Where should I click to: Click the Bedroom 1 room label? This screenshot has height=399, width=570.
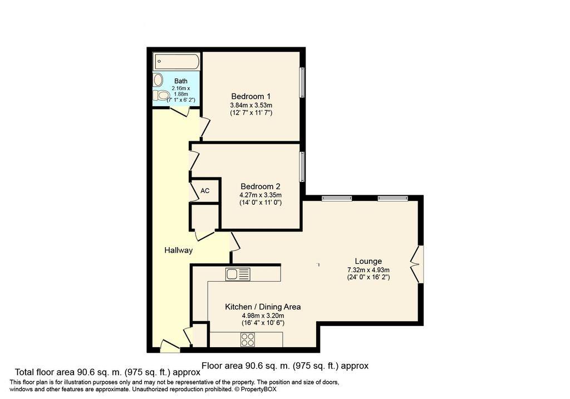(251, 96)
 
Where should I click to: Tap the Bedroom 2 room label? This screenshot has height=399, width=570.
(261, 186)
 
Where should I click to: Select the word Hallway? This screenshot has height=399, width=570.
(179, 250)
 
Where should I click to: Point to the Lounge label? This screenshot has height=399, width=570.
(368, 261)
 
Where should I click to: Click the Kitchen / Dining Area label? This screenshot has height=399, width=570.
(263, 307)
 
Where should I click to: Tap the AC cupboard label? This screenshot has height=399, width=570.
(205, 190)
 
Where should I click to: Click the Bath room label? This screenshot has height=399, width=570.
(181, 81)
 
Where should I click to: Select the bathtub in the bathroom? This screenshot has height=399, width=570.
(176, 61)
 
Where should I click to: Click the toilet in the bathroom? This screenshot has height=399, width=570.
(160, 96)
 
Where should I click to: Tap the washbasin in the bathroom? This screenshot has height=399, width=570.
(158, 80)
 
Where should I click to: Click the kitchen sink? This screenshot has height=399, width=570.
(238, 274)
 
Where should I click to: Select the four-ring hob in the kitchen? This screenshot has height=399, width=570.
(248, 340)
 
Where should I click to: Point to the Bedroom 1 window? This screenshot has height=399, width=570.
(302, 82)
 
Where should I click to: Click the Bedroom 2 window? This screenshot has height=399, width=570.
(302, 167)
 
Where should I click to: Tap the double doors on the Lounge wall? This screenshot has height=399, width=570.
(417, 264)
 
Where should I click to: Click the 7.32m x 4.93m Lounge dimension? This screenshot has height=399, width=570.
(368, 270)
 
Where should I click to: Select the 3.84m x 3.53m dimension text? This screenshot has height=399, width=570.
(251, 105)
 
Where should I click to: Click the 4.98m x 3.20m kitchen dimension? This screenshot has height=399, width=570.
(263, 316)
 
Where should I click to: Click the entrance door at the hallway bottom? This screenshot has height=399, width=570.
(170, 346)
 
